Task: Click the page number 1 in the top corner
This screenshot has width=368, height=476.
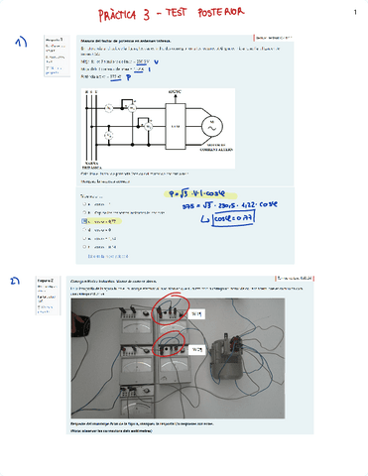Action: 354,12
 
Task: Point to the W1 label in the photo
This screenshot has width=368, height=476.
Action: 196,313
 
